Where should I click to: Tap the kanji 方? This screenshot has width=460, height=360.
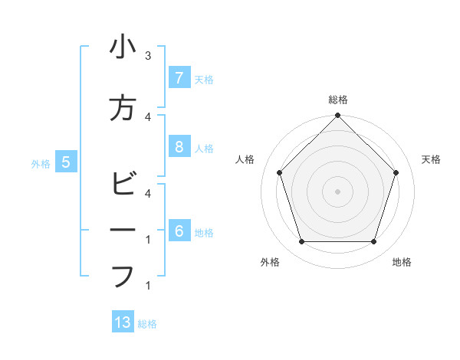point(123,109)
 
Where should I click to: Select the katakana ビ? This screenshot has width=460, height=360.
point(123,185)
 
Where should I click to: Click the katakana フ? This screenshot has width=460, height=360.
point(123,276)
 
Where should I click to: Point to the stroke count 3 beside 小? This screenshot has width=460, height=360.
point(148,56)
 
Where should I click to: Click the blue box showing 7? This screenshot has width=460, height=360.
point(179,78)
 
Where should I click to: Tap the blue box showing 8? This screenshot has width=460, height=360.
point(179,147)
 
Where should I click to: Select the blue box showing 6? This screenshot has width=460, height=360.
point(179,231)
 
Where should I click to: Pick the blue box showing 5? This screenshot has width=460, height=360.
point(66,162)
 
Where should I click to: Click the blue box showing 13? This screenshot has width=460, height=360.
point(123,322)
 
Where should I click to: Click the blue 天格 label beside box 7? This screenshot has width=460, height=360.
point(204,79)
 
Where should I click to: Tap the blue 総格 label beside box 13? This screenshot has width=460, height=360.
point(147,324)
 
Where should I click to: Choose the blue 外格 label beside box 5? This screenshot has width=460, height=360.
point(41,163)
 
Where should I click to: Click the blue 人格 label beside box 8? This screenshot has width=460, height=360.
point(204,148)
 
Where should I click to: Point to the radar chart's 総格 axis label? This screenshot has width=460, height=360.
point(338,100)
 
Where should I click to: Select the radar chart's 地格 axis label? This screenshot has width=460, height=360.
point(402,262)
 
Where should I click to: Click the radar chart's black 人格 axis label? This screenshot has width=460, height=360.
point(245,159)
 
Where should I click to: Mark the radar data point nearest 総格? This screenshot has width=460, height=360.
point(338,116)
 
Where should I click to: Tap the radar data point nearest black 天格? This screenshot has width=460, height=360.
point(396,172)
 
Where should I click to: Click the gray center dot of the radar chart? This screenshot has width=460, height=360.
point(338,191)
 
